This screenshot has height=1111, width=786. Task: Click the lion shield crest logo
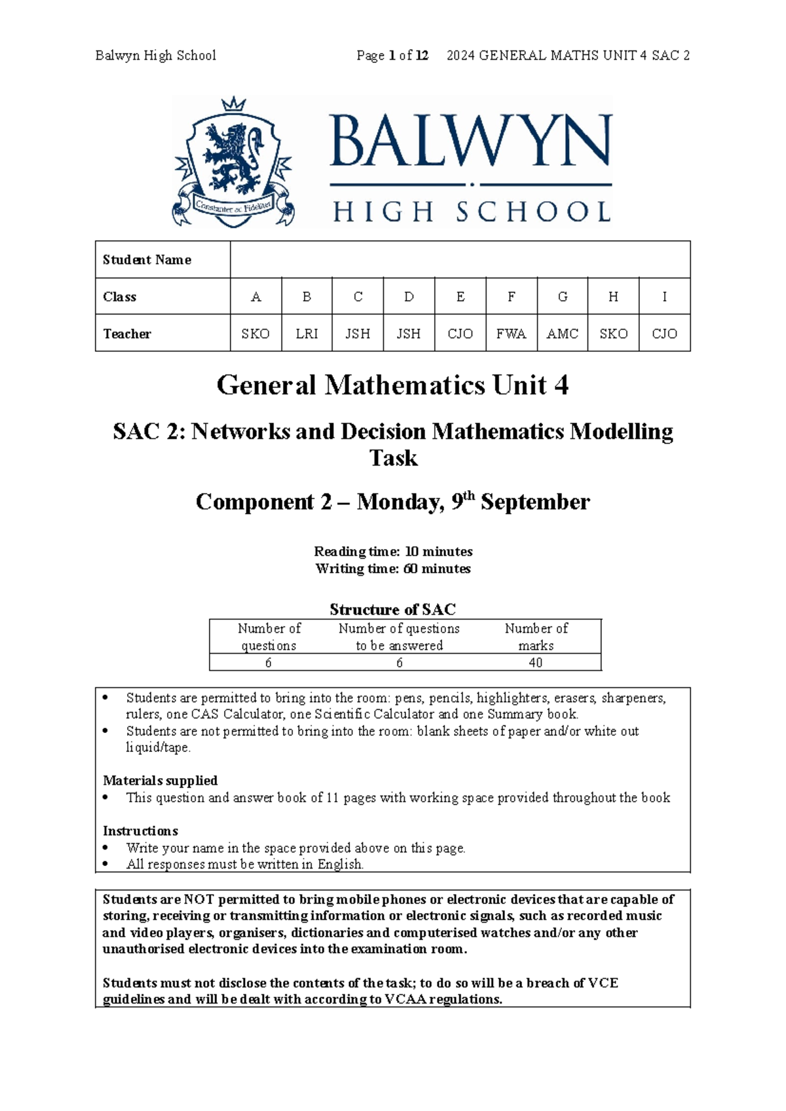coord(233,167)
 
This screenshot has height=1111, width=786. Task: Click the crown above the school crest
coord(234,104)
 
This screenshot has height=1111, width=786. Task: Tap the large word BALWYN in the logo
coord(470,141)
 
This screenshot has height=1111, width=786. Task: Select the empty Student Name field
coord(460,259)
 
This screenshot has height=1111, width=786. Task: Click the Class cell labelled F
coord(511,297)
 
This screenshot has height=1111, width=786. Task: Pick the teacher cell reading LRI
coord(307,333)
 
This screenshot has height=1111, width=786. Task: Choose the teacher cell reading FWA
coord(511,333)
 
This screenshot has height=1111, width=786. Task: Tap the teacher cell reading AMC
coord(562,333)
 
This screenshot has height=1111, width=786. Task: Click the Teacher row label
coord(127,333)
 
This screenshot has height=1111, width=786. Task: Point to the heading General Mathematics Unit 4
coord(392,385)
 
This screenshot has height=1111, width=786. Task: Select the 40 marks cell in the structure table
coord(535,662)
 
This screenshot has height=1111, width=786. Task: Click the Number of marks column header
coord(536,637)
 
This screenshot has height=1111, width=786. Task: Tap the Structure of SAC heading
coord(392,609)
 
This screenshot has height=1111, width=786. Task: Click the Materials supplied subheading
coord(160,780)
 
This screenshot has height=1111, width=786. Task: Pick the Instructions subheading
coord(140,831)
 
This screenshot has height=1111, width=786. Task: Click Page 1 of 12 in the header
coord(392,56)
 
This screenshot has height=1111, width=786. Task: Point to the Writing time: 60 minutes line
coord(392,569)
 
